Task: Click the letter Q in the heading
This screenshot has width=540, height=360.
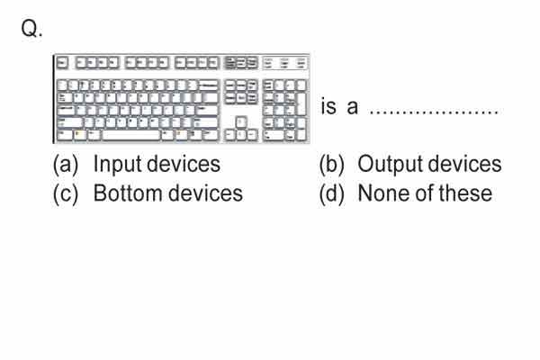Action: (30, 28)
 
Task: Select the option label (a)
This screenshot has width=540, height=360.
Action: (66, 165)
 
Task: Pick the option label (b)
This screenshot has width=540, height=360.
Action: (331, 165)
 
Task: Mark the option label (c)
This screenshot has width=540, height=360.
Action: (66, 194)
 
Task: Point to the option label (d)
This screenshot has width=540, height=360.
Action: (331, 194)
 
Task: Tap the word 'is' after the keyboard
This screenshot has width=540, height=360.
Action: (328, 106)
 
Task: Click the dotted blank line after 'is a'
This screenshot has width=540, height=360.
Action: (434, 112)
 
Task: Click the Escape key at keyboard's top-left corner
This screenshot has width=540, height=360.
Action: (62, 63)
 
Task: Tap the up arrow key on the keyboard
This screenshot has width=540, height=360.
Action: (241, 122)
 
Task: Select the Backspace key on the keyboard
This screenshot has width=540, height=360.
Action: (209, 85)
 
